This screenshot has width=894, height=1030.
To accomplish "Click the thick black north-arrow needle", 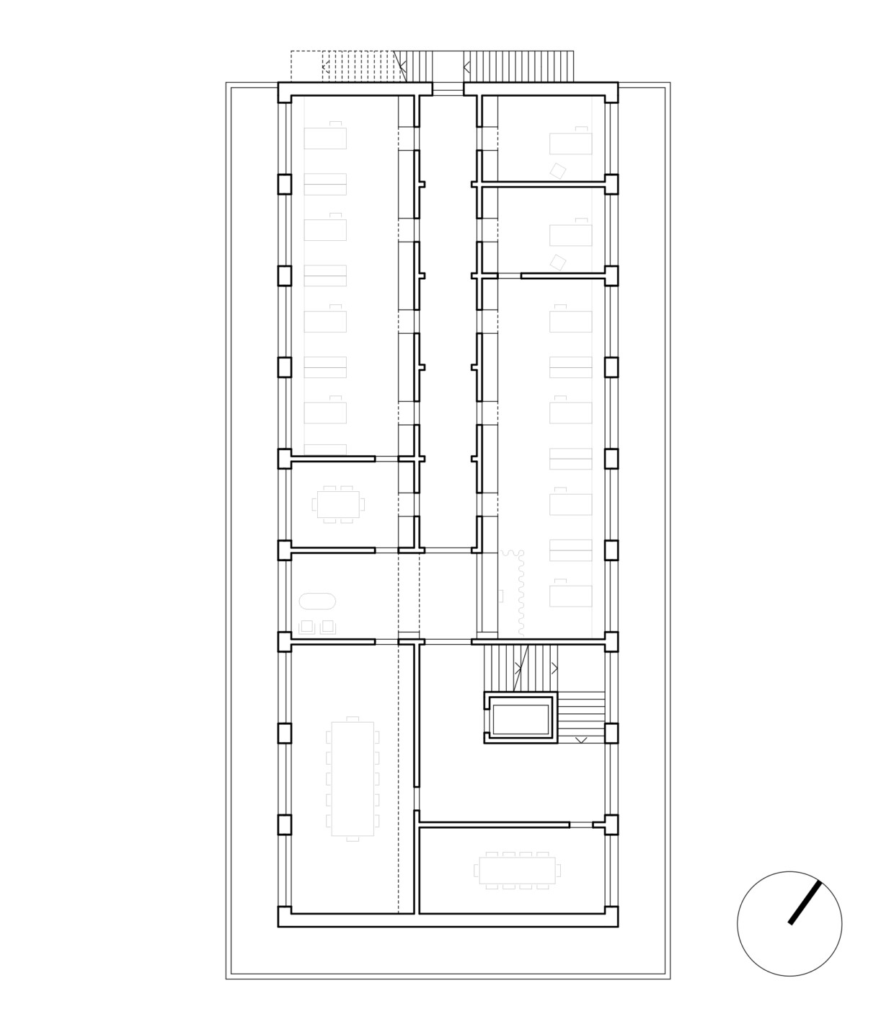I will pos(805,902).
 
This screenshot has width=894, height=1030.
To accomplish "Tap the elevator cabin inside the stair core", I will pos(520,718).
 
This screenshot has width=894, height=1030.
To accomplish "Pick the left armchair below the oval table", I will pos(308,626).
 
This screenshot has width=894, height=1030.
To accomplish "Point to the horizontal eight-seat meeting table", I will pos(517,871).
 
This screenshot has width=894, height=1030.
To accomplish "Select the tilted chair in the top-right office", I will pos(557,170).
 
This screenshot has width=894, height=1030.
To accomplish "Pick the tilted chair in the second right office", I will pos(557,261).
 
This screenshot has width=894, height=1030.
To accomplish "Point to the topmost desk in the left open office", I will pos(326,136).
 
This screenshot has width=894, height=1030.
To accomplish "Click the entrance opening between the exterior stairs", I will pos(448,89).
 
